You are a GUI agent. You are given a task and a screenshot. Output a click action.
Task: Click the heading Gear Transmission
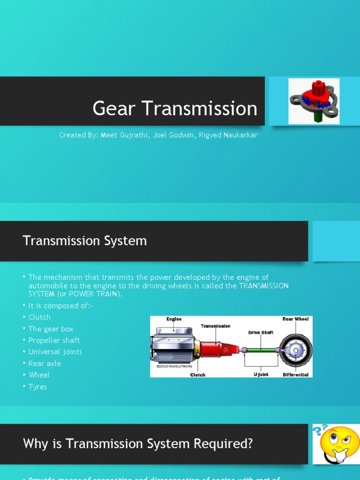[175, 108]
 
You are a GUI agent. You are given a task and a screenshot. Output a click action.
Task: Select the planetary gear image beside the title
[314, 101]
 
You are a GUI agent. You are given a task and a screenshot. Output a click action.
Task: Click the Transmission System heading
[85, 241]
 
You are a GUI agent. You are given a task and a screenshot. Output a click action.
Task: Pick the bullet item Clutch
[39, 317]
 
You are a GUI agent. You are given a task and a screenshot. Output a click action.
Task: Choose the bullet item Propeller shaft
[54, 340]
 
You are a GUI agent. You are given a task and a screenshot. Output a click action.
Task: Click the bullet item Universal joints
[55, 352]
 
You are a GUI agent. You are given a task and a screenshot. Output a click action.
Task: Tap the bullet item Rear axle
[45, 363]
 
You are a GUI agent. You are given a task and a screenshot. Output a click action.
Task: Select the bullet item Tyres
[37, 387]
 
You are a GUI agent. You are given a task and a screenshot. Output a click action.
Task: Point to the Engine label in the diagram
[174, 319]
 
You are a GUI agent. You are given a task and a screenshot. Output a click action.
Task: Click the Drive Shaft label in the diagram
[261, 333]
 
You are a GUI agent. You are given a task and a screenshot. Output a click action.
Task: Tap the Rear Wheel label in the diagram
[295, 319]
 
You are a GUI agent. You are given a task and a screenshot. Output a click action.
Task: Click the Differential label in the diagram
[296, 375]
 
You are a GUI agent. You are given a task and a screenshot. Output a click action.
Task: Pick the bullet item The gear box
[51, 329]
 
